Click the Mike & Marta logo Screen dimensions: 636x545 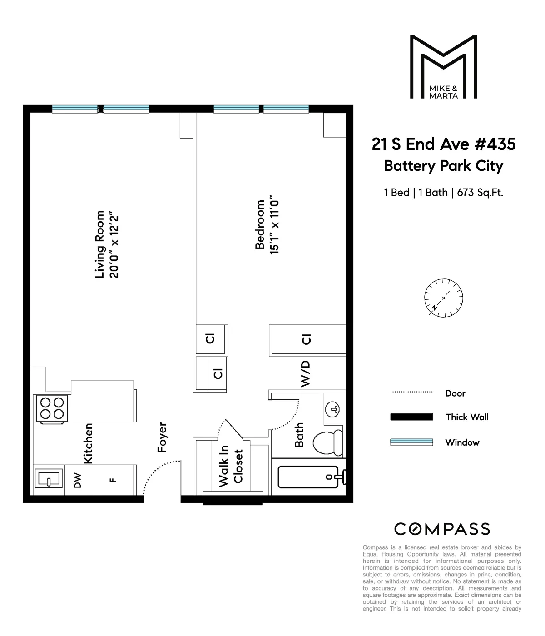click(x=443, y=67)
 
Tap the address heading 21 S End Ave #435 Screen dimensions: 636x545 click(x=443, y=144)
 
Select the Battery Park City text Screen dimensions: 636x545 click(x=443, y=166)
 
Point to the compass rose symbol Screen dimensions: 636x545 click(x=443, y=298)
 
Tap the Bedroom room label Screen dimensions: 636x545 click(x=260, y=225)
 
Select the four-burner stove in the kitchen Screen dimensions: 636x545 click(x=52, y=408)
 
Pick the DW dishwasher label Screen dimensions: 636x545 click(x=78, y=480)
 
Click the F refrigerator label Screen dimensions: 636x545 click(x=114, y=480)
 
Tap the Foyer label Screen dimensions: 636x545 click(x=162, y=437)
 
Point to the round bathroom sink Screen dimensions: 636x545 click(x=334, y=409)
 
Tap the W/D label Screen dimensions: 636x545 click(x=306, y=374)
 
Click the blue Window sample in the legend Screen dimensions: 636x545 click(x=411, y=442)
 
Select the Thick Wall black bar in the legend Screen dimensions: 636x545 click(x=411, y=417)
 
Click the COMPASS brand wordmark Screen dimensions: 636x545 click(x=442, y=529)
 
